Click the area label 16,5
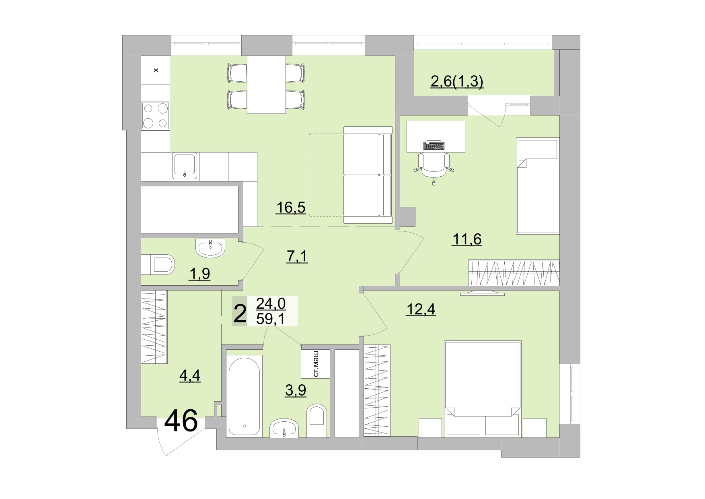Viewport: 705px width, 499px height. tap(291, 208)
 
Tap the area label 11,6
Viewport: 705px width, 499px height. tap(467, 239)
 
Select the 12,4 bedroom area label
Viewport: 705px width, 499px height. tap(421, 309)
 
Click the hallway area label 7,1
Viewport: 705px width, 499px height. tap(297, 256)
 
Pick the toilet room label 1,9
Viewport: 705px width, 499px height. tap(199, 274)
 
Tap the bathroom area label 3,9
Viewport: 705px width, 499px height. tap(296, 390)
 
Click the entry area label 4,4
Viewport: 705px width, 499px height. tap(190, 375)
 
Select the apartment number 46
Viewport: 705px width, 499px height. tap(181, 421)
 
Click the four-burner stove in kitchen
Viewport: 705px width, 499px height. tap(155, 115)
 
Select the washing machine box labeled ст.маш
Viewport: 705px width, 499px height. tap(316, 364)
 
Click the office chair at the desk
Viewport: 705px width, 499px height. tap(434, 165)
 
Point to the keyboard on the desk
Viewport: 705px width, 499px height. tap(434, 145)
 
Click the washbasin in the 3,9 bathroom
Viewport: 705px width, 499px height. tap(284, 428)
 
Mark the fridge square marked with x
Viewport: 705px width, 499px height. tap(156, 70)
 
